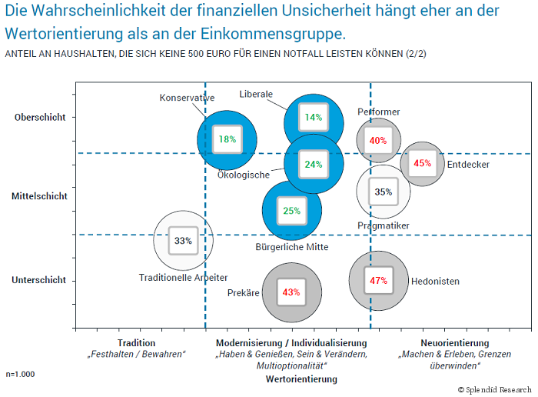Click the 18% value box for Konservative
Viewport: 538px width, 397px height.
(227, 139)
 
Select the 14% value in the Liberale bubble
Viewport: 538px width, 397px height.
(313, 118)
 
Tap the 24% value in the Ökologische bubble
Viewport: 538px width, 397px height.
(313, 164)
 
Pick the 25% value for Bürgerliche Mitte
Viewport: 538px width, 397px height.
(291, 211)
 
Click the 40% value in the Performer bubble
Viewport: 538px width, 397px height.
(377, 141)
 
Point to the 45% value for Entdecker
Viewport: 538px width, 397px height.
(422, 163)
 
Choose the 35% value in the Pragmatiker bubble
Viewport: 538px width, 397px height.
(383, 192)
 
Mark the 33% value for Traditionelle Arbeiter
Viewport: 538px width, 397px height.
(183, 241)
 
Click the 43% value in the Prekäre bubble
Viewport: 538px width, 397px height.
(291, 292)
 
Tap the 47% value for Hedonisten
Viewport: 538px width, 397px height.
(378, 281)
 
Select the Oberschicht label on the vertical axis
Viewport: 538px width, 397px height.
(39, 118)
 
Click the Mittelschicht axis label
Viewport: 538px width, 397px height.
(39, 196)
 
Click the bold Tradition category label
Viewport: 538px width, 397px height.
(137, 343)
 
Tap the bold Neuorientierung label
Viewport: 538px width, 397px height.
(455, 343)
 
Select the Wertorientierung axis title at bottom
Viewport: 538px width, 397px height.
(301, 379)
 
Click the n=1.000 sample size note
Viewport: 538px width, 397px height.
(20, 374)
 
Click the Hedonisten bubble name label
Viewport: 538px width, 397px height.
(435, 282)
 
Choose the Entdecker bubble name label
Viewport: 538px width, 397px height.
(468, 165)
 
